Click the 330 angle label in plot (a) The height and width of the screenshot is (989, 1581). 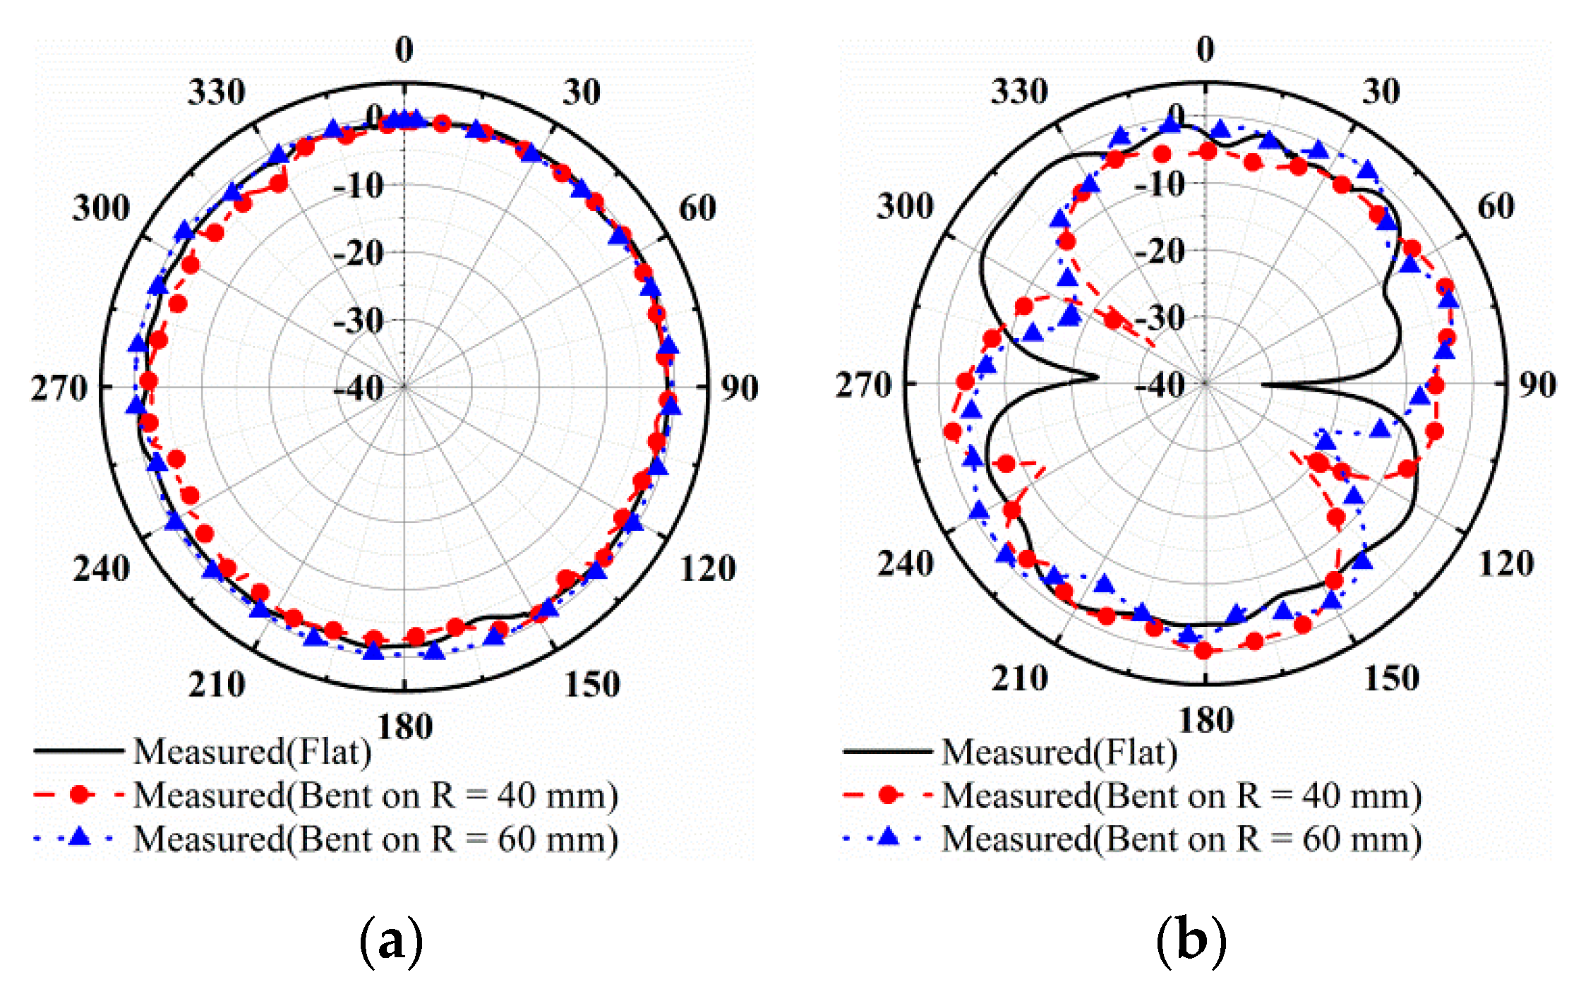[216, 92]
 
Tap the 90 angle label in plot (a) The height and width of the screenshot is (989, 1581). [739, 388]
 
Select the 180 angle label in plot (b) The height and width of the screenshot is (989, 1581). [1206, 721]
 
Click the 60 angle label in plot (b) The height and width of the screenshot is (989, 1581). [1496, 206]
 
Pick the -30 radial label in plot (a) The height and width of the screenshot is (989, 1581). [358, 321]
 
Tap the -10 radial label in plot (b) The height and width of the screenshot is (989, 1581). [1159, 185]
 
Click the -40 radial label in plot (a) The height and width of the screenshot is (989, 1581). [358, 388]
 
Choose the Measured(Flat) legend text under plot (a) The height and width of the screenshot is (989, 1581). [252, 751]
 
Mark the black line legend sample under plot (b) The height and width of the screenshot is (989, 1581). [887, 751]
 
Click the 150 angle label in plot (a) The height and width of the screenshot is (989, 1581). [591, 684]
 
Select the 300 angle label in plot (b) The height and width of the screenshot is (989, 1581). [905, 206]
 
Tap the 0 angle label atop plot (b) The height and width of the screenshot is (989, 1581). [1206, 49]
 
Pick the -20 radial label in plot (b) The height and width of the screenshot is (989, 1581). [1159, 251]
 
